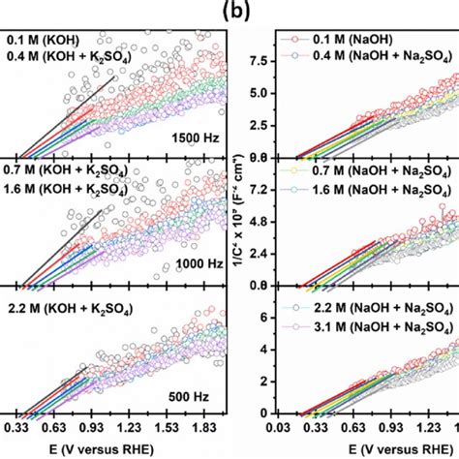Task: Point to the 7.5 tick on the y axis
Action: point(256,59)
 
